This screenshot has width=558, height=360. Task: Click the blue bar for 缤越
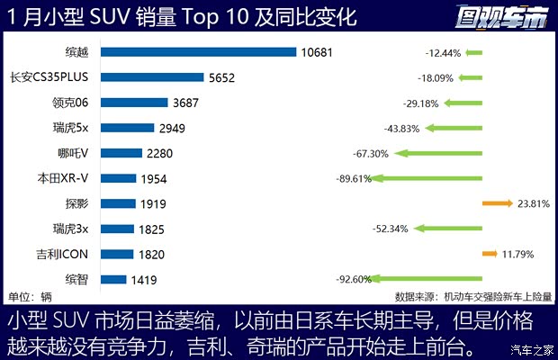[x=199, y=52]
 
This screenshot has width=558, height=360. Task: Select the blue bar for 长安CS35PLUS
[x=152, y=77]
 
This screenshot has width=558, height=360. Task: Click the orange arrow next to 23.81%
[x=497, y=203]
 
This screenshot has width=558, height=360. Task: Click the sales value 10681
[x=317, y=52]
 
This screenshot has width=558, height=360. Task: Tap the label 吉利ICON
[x=62, y=254]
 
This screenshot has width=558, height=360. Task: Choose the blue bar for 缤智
[x=113, y=279]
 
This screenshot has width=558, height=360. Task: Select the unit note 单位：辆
[x=30, y=297]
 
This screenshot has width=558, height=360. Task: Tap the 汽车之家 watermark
[x=531, y=349]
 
